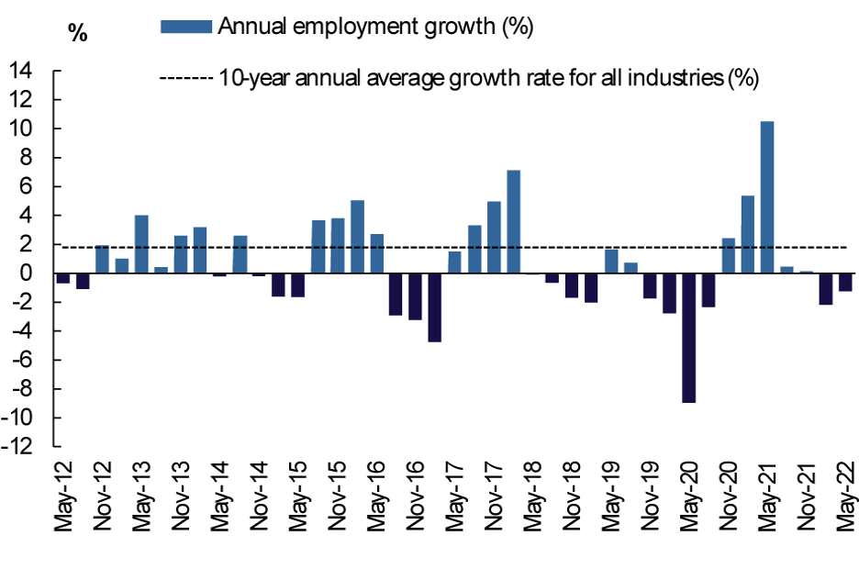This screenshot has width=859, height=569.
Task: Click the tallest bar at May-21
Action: pos(767,197)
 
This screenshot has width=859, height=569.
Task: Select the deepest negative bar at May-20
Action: pos(688,338)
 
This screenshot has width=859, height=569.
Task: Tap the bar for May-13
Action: pos(141,244)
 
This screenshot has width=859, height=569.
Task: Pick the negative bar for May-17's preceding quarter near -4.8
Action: pos(435,307)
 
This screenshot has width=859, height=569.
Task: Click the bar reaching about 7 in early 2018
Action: pos(514,221)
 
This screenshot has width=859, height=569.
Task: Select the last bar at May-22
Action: pos(845,282)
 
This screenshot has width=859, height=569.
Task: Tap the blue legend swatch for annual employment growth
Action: pos(187,27)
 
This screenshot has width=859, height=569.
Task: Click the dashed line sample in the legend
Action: pos(187,78)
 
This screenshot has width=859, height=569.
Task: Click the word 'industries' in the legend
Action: pos(678,78)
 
